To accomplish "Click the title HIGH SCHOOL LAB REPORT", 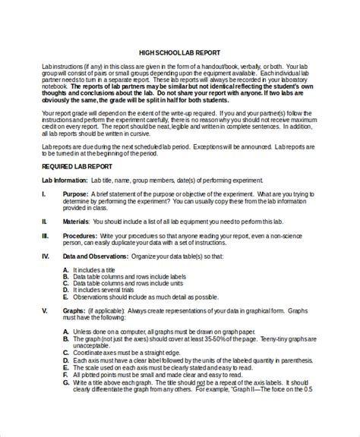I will [180, 53].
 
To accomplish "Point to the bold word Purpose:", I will [76, 193].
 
